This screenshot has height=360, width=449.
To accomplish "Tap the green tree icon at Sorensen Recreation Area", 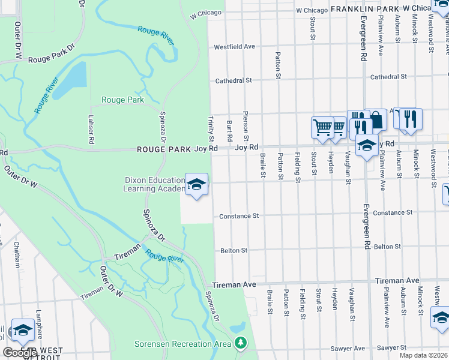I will [241, 343].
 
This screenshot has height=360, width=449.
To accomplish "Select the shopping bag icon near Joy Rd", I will [377, 120].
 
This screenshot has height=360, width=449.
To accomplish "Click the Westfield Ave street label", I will [235, 46].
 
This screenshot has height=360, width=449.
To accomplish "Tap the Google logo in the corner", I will [20, 353].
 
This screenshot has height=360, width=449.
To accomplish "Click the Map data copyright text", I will [424, 355].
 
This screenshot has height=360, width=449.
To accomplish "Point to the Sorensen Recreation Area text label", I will [182, 344].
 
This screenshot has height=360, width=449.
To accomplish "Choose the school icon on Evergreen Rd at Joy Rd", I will [366, 145].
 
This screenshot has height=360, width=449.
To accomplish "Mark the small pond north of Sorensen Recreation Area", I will [238, 328].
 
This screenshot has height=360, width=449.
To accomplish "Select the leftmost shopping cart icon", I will [322, 127].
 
